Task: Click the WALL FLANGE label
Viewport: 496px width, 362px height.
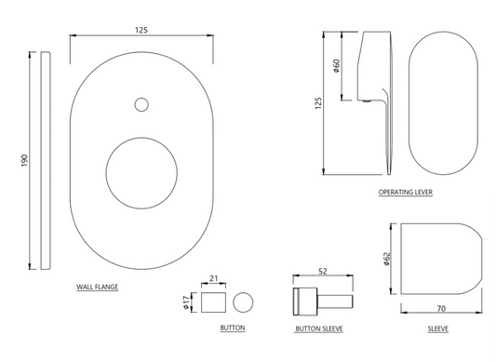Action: point(97,288)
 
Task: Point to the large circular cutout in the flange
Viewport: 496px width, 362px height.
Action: point(142,174)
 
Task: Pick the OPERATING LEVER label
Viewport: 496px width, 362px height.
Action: point(405,193)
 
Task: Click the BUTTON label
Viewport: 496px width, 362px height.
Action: point(233,328)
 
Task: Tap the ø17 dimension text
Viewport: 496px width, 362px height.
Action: point(189,302)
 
